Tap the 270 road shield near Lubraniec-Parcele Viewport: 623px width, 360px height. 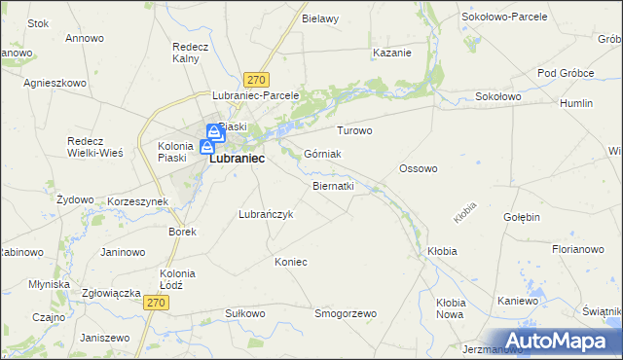click(257, 80)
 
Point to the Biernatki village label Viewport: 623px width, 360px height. click(333, 185)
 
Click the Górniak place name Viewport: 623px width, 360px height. click(322, 154)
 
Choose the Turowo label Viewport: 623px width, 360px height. click(354, 130)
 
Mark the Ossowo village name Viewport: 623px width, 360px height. click(419, 168)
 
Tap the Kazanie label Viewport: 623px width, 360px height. click(391, 53)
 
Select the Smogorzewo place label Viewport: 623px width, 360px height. click(345, 313)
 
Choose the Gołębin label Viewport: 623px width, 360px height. click(522, 217)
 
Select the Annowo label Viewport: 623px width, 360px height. click(84, 39)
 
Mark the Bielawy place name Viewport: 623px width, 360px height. click(320, 18)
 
